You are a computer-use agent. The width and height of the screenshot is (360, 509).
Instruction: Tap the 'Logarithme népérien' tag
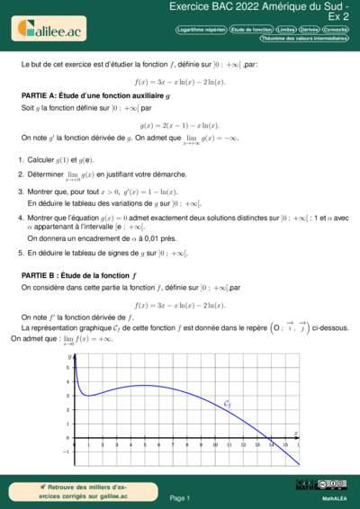(x=203, y=30)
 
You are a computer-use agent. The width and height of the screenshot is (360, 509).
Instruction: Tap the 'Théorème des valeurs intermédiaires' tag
(x=304, y=39)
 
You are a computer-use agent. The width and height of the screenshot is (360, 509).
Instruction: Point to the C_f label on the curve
(x=227, y=404)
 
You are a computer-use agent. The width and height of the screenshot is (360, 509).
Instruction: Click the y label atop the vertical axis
(x=68, y=357)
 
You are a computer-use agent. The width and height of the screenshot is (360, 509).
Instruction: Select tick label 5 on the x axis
(x=144, y=445)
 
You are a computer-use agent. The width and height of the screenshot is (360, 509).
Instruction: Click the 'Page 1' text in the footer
(x=179, y=497)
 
